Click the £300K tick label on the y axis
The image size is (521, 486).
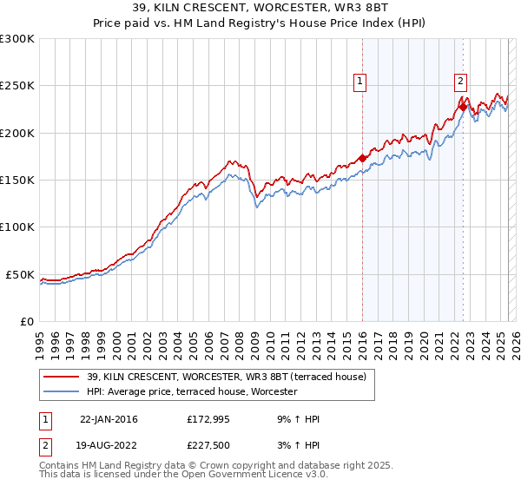[x=17, y=39]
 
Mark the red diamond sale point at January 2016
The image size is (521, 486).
[x=362, y=159]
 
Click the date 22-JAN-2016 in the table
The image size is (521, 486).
[x=109, y=419]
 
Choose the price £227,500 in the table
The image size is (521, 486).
[x=209, y=445]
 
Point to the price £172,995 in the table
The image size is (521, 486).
[x=209, y=419]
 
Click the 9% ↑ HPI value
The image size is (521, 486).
[x=296, y=419]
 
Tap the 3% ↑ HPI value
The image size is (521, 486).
[x=296, y=445]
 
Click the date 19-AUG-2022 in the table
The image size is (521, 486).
[x=109, y=445]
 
